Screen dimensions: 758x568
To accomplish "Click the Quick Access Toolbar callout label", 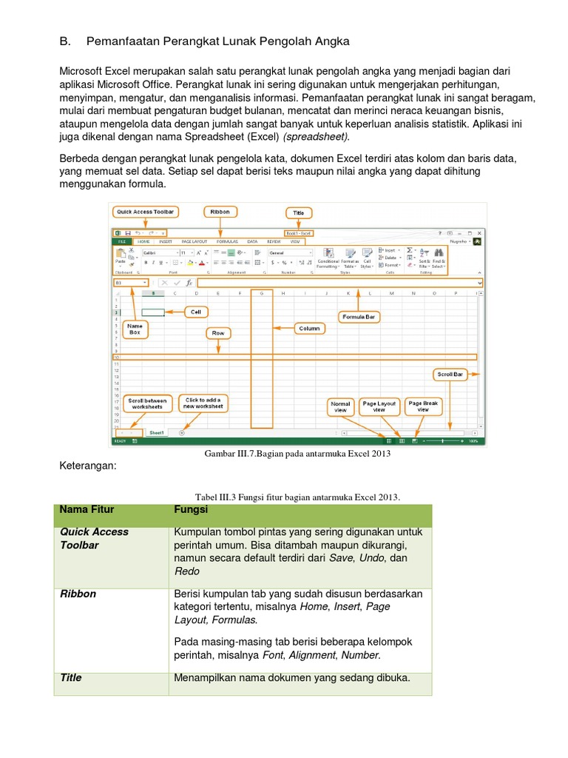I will (x=145, y=212).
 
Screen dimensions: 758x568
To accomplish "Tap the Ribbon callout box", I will (x=220, y=212).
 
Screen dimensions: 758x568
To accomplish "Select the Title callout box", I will (x=299, y=212).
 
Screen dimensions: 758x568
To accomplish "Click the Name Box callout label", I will (x=135, y=329).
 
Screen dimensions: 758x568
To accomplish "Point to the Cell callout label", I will (x=196, y=312).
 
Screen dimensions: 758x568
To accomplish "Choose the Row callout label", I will (x=218, y=333).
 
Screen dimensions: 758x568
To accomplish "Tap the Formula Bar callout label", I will (x=358, y=317).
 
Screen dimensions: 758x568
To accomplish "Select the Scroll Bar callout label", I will (x=450, y=375).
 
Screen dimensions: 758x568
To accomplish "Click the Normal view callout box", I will (x=341, y=406).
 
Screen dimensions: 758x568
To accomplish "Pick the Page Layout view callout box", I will (x=379, y=406).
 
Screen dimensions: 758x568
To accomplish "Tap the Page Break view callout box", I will (x=423, y=406).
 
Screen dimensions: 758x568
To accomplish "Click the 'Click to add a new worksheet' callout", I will (x=204, y=403).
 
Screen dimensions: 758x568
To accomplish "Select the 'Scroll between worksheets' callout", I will (x=147, y=403).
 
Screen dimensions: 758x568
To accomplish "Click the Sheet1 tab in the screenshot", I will (x=156, y=432).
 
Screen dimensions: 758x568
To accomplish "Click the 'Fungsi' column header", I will (x=190, y=510).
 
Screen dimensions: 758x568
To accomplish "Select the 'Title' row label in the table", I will (x=71, y=677).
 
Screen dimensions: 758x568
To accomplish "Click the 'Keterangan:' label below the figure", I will (x=87, y=466).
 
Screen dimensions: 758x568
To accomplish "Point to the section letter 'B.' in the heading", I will (x=64, y=42).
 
